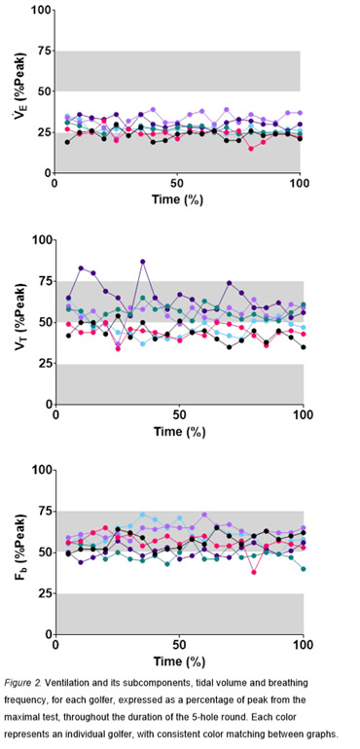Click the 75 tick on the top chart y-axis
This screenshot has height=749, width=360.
tap(41, 51)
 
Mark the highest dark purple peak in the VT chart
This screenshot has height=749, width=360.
tap(143, 262)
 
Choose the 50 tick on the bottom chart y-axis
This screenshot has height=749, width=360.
tap(41, 552)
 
